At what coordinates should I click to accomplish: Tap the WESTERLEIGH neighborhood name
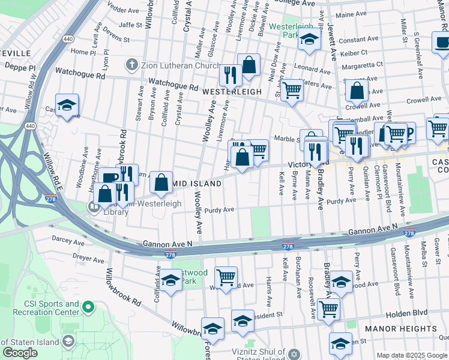tap(232, 92)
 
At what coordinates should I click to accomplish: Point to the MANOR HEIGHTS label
tap(400, 329)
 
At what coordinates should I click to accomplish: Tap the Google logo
tap(20, 353)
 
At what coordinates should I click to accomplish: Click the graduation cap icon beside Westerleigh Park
tap(309, 40)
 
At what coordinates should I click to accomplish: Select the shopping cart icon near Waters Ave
tap(292, 91)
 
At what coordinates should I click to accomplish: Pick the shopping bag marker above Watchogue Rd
tap(249, 65)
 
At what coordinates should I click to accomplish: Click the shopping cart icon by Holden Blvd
tap(328, 310)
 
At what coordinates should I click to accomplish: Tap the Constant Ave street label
tap(358, 40)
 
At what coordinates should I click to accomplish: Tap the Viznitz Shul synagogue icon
tap(294, 353)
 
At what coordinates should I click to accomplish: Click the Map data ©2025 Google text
tap(411, 355)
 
